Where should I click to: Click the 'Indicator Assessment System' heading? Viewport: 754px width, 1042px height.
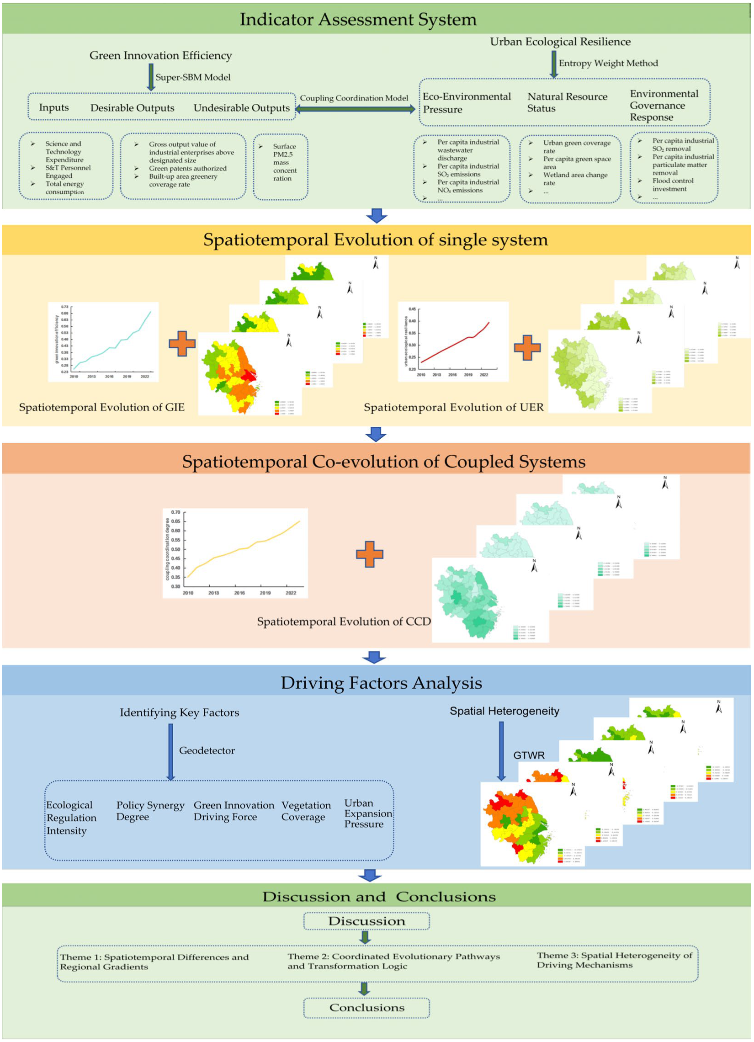click(x=358, y=19)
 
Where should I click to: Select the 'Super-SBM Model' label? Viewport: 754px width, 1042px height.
click(x=193, y=77)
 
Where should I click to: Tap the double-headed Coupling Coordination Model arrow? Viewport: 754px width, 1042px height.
click(x=355, y=109)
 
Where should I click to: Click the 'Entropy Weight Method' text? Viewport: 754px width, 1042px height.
click(x=608, y=64)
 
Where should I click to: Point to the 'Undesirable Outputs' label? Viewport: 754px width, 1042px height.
click(x=242, y=108)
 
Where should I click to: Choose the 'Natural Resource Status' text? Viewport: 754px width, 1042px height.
click(x=567, y=102)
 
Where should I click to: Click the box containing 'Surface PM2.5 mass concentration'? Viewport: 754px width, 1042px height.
click(x=280, y=167)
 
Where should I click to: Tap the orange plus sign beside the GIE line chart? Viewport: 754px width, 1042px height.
click(x=182, y=344)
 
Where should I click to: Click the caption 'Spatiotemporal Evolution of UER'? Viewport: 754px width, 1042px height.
click(x=453, y=408)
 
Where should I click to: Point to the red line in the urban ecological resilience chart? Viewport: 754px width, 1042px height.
click(x=455, y=345)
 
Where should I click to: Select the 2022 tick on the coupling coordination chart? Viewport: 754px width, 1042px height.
click(x=291, y=593)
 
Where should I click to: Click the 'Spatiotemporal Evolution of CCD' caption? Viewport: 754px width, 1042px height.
click(x=344, y=622)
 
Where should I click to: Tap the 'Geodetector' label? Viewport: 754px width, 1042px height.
click(x=207, y=750)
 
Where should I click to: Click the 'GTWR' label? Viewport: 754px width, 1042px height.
click(x=529, y=755)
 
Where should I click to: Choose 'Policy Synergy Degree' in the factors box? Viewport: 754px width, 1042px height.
click(x=150, y=811)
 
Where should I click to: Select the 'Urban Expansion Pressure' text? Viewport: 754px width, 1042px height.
click(x=368, y=813)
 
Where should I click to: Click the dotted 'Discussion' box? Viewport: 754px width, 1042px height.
click(x=366, y=921)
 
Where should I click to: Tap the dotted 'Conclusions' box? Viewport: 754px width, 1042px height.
click(x=366, y=1008)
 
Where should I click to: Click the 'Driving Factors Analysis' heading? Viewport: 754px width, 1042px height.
click(x=382, y=683)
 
